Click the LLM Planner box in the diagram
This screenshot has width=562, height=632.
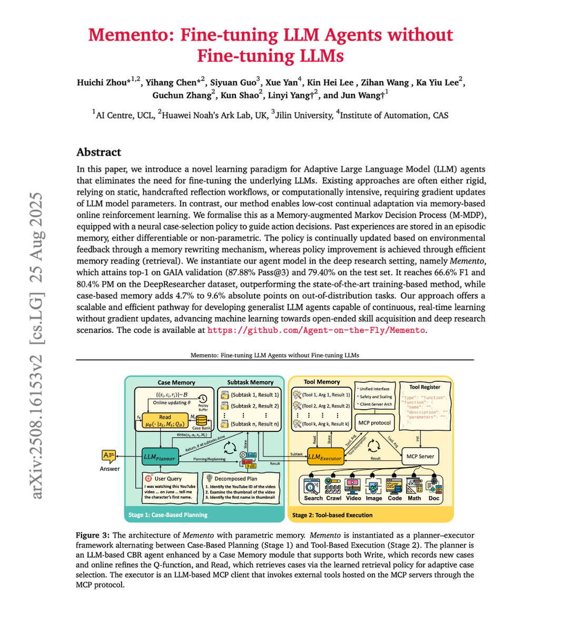159,457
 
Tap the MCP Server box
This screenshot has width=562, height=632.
420,456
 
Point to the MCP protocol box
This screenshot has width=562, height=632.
374,422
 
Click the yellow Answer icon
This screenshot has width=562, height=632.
109,456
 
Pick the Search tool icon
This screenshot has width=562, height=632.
313,486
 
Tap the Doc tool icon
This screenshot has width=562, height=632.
434,486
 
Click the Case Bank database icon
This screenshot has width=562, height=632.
201,420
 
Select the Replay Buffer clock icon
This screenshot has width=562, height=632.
203,399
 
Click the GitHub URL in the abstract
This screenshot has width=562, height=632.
316,330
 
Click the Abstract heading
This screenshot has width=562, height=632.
99,152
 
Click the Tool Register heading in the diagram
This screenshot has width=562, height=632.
425,387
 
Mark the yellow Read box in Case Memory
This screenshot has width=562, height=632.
165,420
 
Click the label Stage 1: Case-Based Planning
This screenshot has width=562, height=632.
168,515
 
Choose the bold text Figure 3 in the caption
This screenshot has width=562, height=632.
92,535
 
